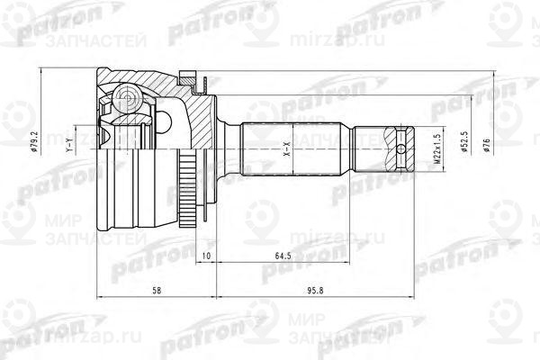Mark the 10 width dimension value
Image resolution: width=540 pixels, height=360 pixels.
click(x=207, y=256)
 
